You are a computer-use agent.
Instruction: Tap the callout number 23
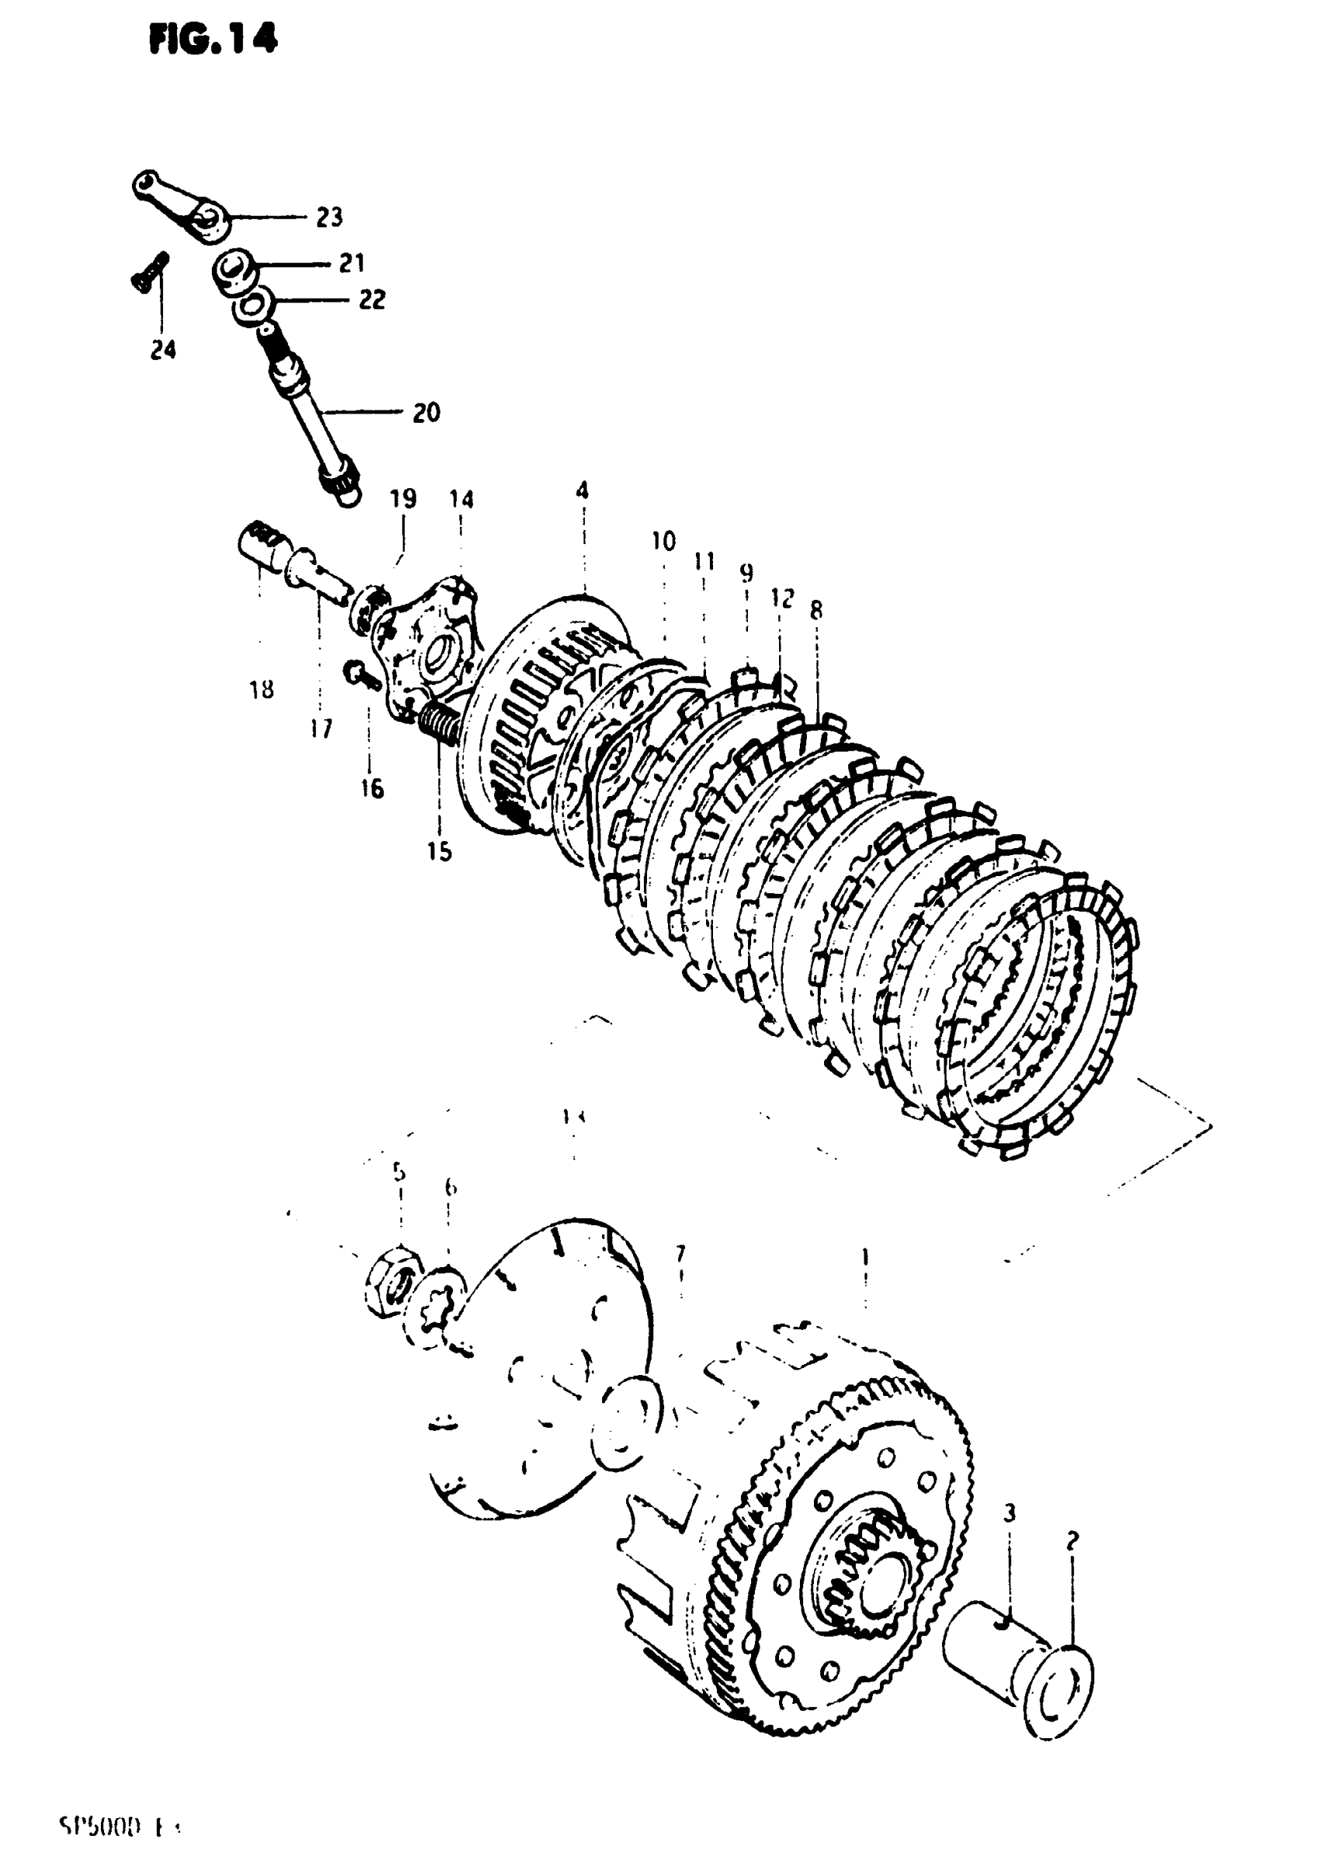pyautogui.click(x=329, y=217)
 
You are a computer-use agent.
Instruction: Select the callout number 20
pyautogui.click(x=425, y=412)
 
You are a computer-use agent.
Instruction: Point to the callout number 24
pyautogui.click(x=163, y=350)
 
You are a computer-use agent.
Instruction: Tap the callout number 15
pyautogui.click(x=439, y=851)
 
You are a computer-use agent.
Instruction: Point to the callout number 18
pyautogui.click(x=261, y=691)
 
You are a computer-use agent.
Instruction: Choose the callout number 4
pyautogui.click(x=582, y=490)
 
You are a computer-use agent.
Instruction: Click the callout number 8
pyautogui.click(x=816, y=610)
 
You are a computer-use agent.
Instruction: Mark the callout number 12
pyautogui.click(x=781, y=598)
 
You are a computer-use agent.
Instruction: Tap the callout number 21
pyautogui.click(x=351, y=263)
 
